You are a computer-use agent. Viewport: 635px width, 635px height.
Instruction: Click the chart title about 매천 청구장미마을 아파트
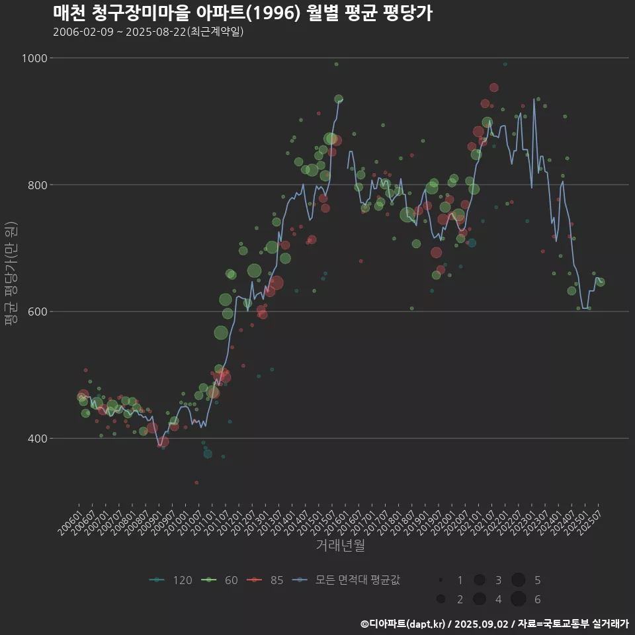(x=242, y=13)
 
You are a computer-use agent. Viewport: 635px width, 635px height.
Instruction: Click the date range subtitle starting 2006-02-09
(x=148, y=32)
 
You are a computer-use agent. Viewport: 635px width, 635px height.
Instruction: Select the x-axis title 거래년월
(x=341, y=546)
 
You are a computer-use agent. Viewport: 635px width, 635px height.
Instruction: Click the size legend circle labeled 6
(x=518, y=599)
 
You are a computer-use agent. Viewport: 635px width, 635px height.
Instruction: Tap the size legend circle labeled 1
(x=441, y=580)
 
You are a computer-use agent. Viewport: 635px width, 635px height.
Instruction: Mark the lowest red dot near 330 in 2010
(x=196, y=483)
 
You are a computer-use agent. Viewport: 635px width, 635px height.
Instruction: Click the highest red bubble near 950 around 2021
(x=494, y=87)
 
